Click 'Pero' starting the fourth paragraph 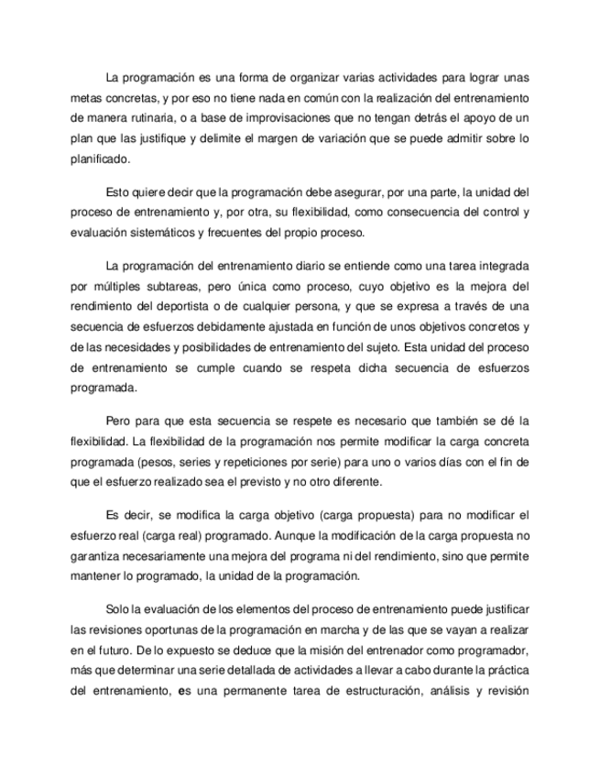click(x=120, y=421)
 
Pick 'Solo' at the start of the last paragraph click(x=119, y=610)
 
